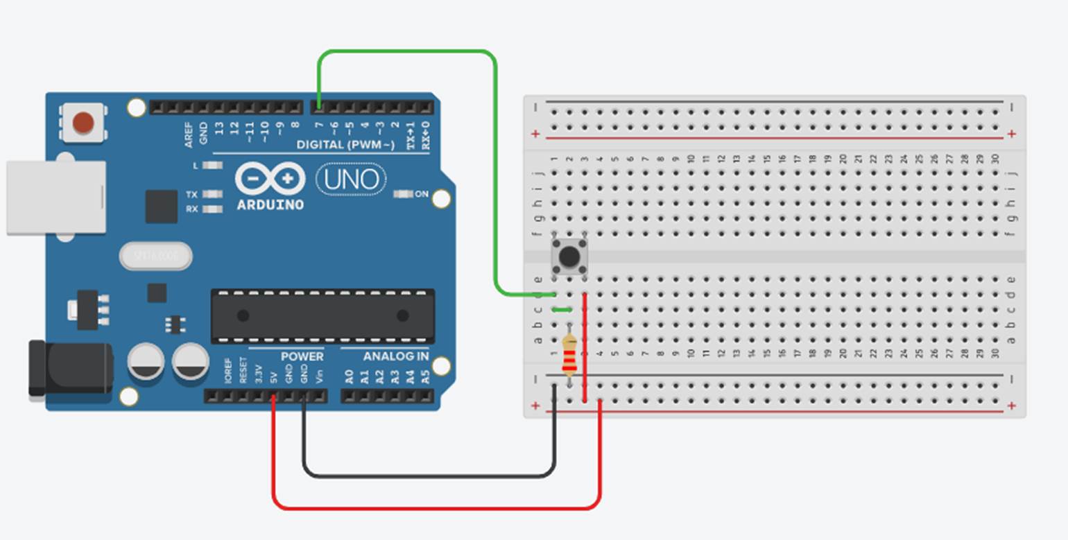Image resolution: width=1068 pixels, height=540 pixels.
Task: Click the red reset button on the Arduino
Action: [83, 123]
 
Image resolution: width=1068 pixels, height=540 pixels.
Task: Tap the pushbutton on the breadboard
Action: [569, 257]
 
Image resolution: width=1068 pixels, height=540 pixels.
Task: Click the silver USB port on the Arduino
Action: [55, 198]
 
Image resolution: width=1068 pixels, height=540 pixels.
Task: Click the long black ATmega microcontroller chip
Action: [322, 316]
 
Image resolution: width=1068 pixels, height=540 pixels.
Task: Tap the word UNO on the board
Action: [351, 180]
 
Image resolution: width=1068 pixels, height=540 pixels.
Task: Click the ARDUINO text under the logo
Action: [270, 205]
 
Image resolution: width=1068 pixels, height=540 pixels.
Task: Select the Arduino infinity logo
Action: [270, 180]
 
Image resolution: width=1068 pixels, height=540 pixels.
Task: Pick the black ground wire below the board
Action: [430, 476]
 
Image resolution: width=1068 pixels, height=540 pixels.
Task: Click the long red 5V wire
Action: [437, 508]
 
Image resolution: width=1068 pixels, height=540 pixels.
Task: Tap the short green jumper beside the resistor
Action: [562, 310]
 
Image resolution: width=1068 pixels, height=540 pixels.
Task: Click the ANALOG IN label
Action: [395, 356]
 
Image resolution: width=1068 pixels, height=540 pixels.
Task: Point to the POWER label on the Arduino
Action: [302, 356]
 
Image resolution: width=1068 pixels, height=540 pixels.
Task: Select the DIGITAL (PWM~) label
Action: [345, 144]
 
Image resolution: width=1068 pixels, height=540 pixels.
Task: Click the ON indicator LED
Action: [402, 194]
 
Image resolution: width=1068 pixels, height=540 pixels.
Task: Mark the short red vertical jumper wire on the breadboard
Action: [585, 347]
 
